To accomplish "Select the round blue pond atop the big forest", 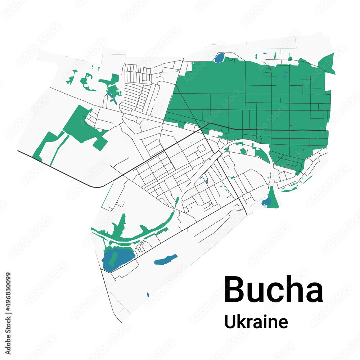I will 219,57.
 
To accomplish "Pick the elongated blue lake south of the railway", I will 166,260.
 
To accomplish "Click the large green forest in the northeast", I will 252,104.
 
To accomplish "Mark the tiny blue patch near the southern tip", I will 148,295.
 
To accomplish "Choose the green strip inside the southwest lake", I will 114,257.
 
